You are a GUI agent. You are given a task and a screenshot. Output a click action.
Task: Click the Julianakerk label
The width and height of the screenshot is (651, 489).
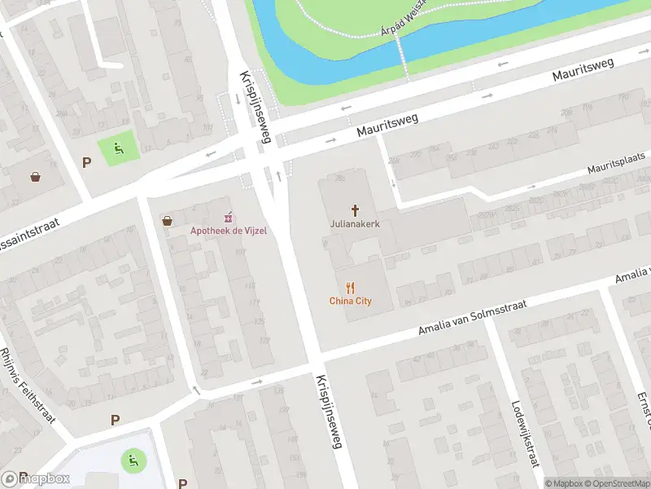[355, 223]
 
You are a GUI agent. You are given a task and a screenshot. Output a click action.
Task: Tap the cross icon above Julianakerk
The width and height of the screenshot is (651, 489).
[355, 209]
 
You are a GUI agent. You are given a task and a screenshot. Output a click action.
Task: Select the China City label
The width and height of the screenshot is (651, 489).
[351, 301]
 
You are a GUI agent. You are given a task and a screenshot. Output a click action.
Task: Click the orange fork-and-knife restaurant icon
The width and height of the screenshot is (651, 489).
[351, 287]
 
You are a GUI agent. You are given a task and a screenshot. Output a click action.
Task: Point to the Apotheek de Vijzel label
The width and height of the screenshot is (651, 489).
[229, 231]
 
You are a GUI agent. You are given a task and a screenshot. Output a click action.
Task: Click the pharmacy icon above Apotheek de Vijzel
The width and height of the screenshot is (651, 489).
[229, 217]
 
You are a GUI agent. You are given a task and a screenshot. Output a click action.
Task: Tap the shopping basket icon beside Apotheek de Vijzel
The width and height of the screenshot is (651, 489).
[168, 220]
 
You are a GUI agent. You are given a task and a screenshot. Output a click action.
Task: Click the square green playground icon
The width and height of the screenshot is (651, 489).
[118, 148]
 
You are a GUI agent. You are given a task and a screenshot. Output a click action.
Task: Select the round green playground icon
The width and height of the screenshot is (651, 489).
[130, 460]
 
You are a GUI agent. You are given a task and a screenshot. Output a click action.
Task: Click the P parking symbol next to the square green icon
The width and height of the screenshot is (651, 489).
[86, 162]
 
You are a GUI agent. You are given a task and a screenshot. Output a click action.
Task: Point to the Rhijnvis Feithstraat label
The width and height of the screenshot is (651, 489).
[28, 384]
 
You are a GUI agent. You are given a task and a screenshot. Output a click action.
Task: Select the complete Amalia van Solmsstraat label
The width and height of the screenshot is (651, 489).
[472, 317]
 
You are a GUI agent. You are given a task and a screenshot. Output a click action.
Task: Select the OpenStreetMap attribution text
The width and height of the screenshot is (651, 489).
[618, 483]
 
